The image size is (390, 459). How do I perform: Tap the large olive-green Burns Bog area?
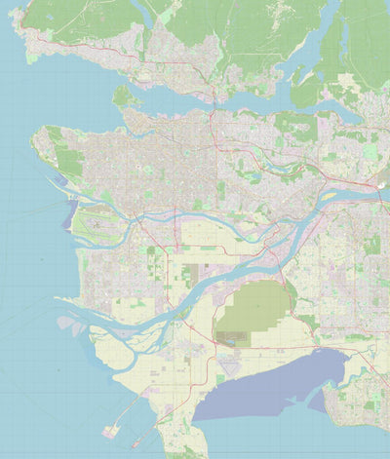click(x=252, y=309)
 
